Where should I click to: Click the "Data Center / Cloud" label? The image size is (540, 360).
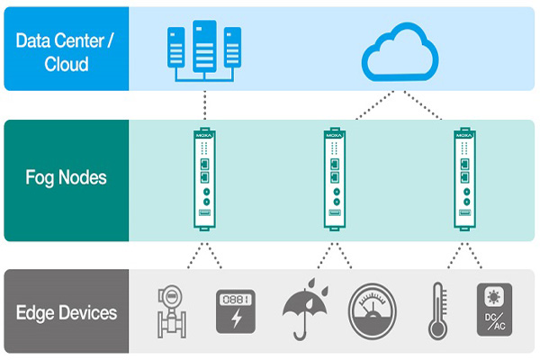click(x=66, y=49)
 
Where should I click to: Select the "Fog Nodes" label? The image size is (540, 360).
click(x=66, y=177)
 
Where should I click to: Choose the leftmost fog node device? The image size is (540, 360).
click(x=204, y=179)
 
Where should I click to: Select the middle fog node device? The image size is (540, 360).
click(x=334, y=179)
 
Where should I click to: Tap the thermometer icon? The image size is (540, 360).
click(x=438, y=311)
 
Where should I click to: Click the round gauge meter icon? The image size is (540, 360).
click(x=372, y=311)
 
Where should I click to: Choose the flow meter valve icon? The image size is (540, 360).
click(x=168, y=311)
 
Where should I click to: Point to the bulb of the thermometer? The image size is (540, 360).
click(x=438, y=330)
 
